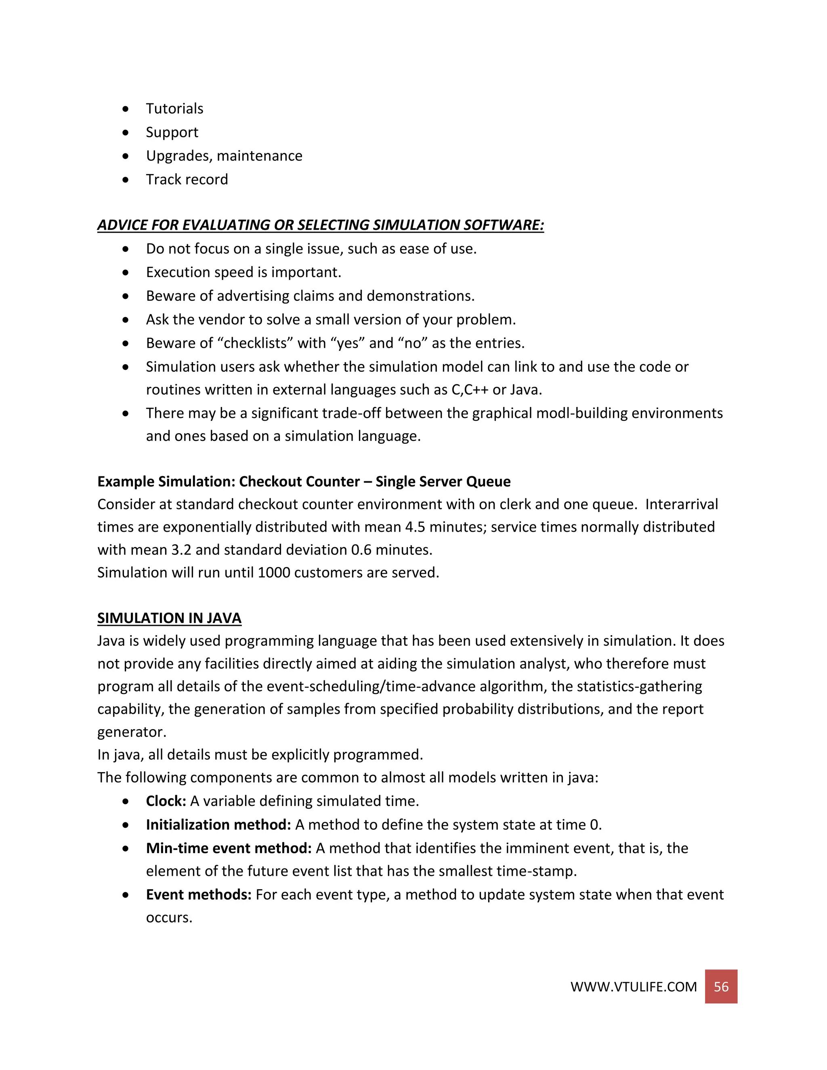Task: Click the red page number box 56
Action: [x=721, y=986]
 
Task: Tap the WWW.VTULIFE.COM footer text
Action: [x=633, y=987]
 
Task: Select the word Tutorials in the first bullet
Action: [x=174, y=109]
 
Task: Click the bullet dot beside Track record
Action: [x=126, y=180]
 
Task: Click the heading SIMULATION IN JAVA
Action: [x=169, y=618]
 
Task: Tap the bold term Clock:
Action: [x=166, y=801]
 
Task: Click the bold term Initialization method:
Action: [x=218, y=825]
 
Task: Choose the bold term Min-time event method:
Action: [x=228, y=848]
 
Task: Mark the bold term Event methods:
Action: [x=198, y=895]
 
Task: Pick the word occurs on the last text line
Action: [x=168, y=917]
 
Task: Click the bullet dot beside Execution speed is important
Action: [x=126, y=273]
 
